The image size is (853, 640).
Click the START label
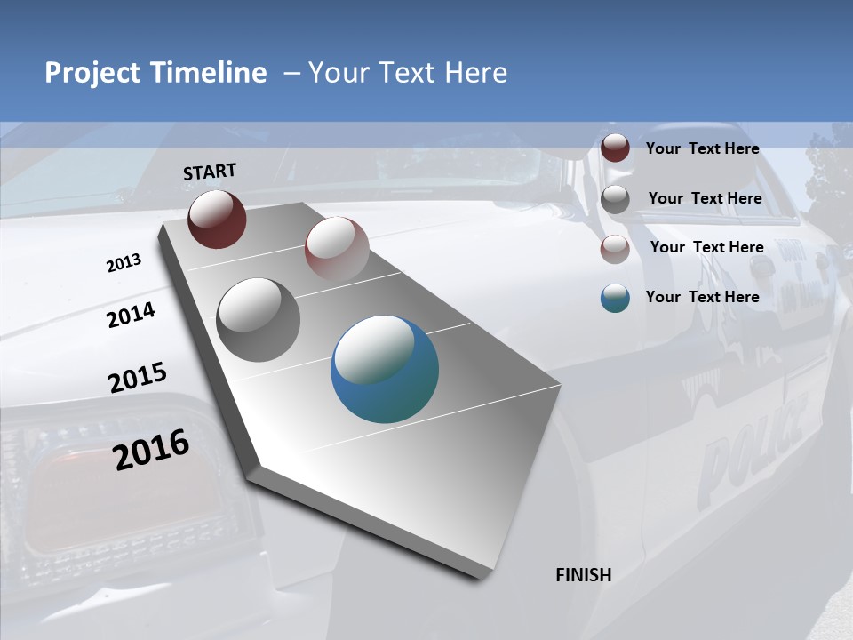click(x=210, y=172)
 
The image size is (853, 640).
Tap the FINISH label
click(x=583, y=575)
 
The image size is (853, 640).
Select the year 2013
click(x=124, y=263)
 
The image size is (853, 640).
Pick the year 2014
click(x=132, y=315)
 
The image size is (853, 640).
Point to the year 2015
click(x=138, y=378)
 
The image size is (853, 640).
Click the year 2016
click(x=151, y=449)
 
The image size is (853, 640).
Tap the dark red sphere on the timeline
click(x=217, y=219)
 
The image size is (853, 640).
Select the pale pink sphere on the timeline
click(x=337, y=249)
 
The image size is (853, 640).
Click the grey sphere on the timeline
click(x=259, y=320)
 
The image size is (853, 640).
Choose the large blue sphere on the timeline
click(x=385, y=369)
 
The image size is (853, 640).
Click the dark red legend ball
click(x=615, y=148)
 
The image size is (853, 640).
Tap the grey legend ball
click(x=615, y=199)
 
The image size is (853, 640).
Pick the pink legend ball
click(x=615, y=249)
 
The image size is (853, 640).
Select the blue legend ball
click(x=615, y=298)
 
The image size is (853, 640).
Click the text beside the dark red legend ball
click(x=702, y=148)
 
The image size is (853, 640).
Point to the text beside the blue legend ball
click(x=702, y=297)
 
